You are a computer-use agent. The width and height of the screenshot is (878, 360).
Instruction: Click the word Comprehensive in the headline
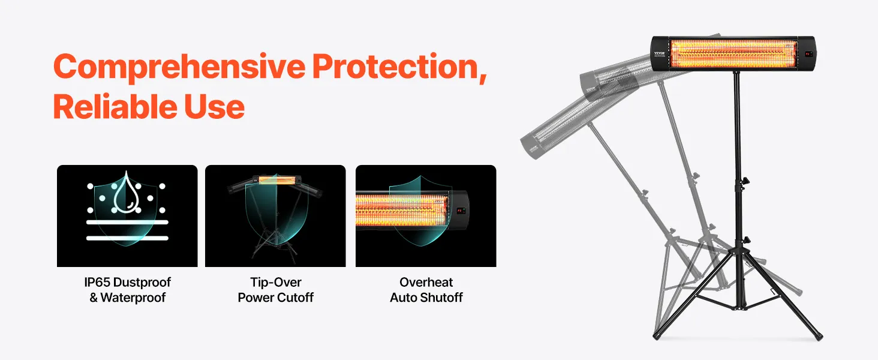click(179, 67)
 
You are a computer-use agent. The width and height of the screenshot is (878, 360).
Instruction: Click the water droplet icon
click(126, 192)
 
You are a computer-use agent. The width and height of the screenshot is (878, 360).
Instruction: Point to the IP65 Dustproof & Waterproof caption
click(127, 290)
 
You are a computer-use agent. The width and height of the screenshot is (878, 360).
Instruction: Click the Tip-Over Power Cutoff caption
click(275, 290)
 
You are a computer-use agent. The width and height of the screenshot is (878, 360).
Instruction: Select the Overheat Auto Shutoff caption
click(426, 290)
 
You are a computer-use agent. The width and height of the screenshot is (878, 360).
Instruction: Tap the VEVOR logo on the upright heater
click(659, 53)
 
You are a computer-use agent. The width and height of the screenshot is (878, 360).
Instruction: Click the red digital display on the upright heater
click(808, 54)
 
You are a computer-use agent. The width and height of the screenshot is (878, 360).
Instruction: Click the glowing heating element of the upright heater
click(733, 53)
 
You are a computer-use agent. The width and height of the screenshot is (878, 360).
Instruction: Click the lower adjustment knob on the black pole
click(745, 240)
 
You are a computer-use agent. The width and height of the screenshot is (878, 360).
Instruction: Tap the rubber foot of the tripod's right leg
click(817, 337)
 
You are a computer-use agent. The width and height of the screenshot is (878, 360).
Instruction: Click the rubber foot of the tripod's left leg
click(657, 336)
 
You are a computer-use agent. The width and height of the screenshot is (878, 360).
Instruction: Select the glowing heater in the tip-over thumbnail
click(275, 181)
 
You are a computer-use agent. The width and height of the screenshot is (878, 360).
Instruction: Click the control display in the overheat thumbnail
click(460, 211)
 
